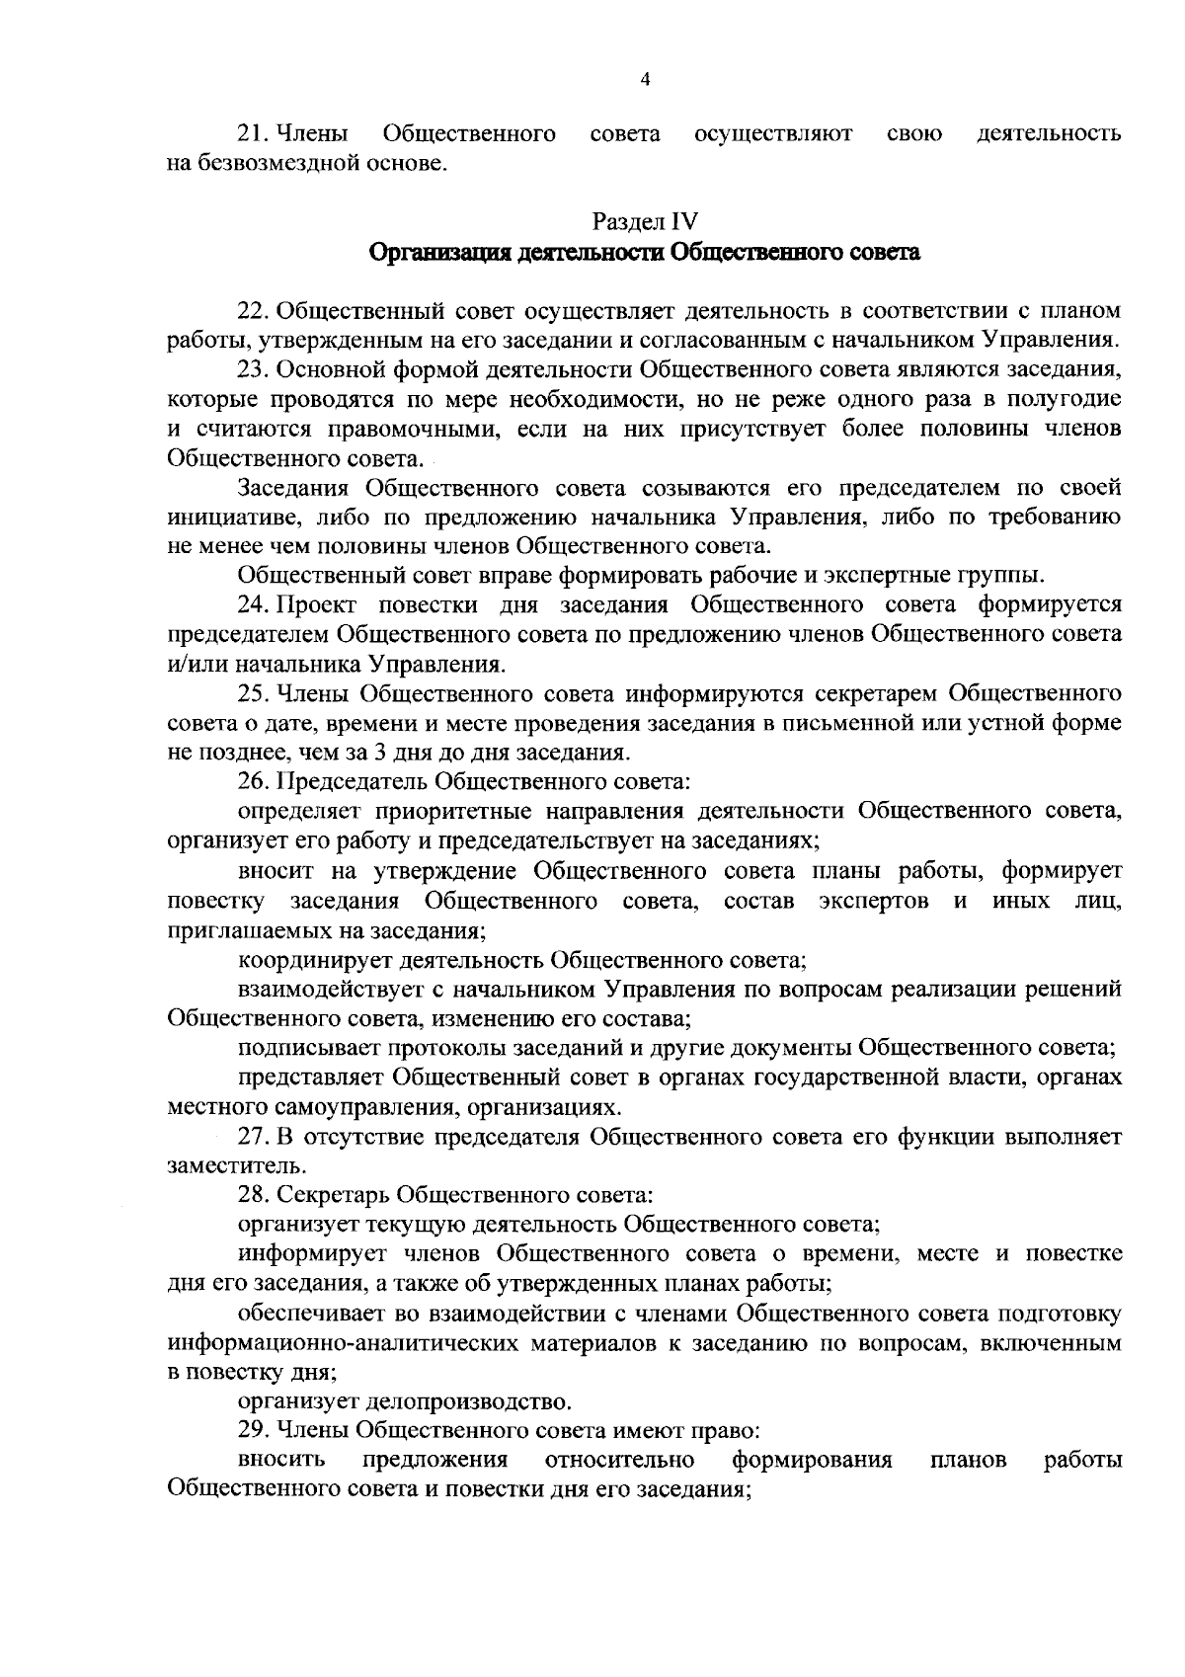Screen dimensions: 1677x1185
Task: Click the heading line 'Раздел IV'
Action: tap(645, 221)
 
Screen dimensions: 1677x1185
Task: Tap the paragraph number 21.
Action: tap(252, 132)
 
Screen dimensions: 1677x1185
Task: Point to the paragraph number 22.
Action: tap(252, 311)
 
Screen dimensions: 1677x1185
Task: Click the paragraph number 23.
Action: tap(252, 370)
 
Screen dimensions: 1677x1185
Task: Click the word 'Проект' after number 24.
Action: tap(329, 604)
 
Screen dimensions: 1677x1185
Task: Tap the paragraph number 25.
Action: tap(252, 692)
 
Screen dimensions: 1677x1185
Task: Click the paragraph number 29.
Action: tap(252, 1430)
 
